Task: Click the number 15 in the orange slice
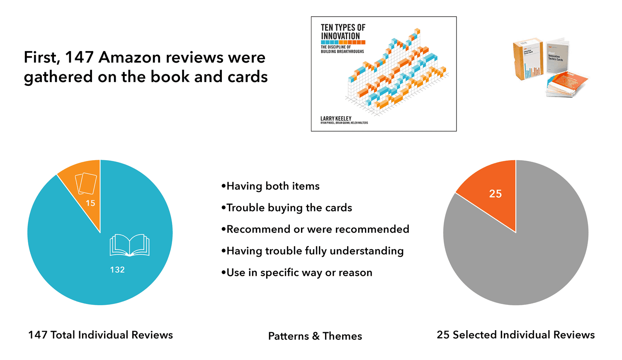(x=90, y=203)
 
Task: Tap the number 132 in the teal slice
(x=117, y=270)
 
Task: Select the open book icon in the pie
(x=129, y=245)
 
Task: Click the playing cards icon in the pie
(x=86, y=184)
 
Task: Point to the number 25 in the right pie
(x=496, y=194)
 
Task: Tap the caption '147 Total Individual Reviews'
(x=100, y=335)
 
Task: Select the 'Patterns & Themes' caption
(x=315, y=336)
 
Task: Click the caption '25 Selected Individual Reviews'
(x=516, y=335)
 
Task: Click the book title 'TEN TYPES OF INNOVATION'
(x=343, y=32)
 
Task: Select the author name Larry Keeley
(x=336, y=118)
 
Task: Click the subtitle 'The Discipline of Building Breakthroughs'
(x=342, y=49)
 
